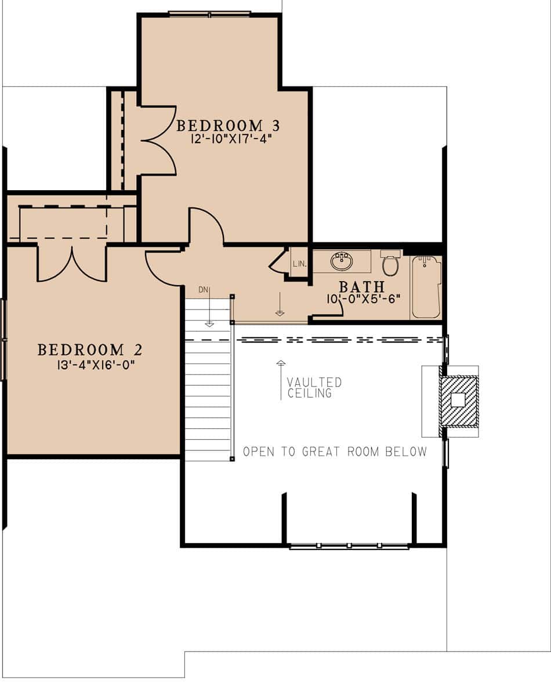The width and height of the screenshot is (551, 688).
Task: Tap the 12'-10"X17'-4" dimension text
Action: pyautogui.click(x=231, y=139)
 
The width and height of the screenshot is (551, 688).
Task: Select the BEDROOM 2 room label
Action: pyautogui.click(x=90, y=350)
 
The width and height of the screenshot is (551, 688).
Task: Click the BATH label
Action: pyautogui.click(x=361, y=286)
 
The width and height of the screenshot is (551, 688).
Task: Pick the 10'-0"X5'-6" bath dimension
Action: pyautogui.click(x=363, y=300)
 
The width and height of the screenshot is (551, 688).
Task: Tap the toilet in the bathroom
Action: pyautogui.click(x=391, y=264)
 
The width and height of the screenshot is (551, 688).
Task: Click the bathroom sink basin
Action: pyautogui.click(x=342, y=261)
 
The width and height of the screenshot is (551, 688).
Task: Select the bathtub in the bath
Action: pyautogui.click(x=426, y=287)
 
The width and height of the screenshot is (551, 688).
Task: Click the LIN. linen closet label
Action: pyautogui.click(x=299, y=264)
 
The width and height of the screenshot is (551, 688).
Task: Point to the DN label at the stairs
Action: pyautogui.click(x=202, y=289)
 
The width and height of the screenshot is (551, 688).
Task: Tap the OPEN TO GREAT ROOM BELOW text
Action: pyautogui.click(x=335, y=452)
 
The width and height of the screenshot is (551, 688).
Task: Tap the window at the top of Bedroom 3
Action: pyautogui.click(x=209, y=13)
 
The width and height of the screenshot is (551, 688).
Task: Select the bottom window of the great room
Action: pyautogui.click(x=349, y=545)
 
